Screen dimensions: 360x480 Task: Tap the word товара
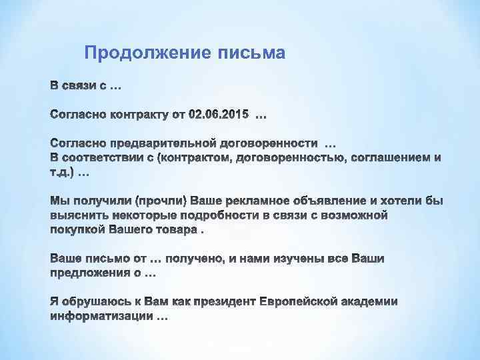point(177,229)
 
